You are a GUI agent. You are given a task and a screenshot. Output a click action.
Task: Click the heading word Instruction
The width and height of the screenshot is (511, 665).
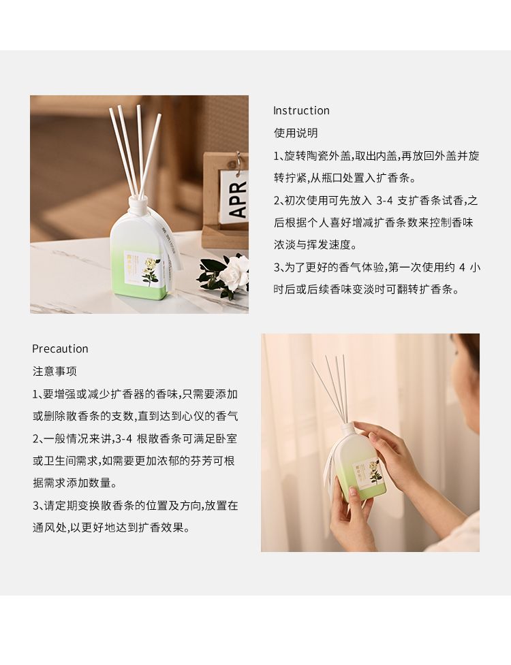click(x=301, y=111)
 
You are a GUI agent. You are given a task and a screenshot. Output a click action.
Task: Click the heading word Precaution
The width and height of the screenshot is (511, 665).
click(x=60, y=349)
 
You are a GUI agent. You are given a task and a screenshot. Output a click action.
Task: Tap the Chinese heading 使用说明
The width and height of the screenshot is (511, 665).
click(x=296, y=133)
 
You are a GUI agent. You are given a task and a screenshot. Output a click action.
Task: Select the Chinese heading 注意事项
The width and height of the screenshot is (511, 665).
click(x=55, y=372)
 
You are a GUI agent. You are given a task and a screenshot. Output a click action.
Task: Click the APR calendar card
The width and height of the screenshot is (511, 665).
click(x=234, y=197)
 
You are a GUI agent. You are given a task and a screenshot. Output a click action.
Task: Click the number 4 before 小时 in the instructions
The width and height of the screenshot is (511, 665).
click(x=462, y=267)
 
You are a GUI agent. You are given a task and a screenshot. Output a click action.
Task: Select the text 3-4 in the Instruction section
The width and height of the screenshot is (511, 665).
click(x=384, y=201)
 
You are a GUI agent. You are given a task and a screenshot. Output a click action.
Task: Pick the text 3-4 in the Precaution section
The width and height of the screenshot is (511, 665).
click(x=124, y=439)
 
